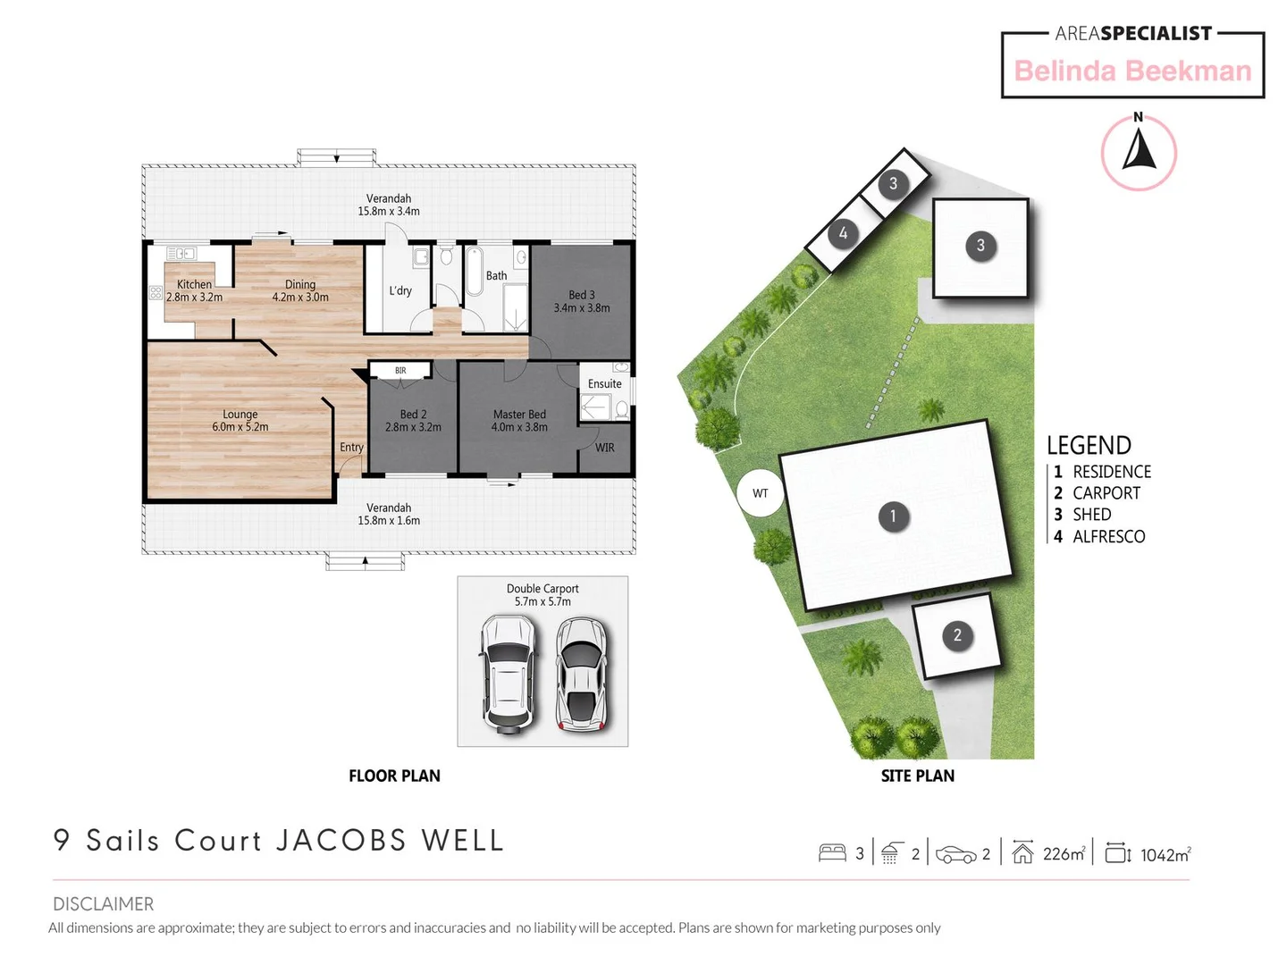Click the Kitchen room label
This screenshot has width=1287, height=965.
pyautogui.click(x=194, y=285)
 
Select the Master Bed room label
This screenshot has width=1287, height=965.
pyautogui.click(x=519, y=415)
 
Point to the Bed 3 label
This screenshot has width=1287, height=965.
pyautogui.click(x=581, y=296)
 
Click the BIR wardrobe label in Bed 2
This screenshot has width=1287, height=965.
pyautogui.click(x=400, y=371)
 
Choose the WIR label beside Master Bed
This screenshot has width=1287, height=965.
pyautogui.click(x=605, y=448)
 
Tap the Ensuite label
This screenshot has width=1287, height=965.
pyautogui.click(x=605, y=384)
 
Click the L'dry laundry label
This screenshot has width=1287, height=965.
pyautogui.click(x=400, y=291)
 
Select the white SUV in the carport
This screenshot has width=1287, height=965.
pyautogui.click(x=509, y=674)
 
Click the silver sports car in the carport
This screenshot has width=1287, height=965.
pyautogui.click(x=581, y=674)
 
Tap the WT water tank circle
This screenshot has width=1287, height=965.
pyautogui.click(x=760, y=493)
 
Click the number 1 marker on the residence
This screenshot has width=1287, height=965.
pyautogui.click(x=893, y=516)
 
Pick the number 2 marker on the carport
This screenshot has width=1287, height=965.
pyautogui.click(x=957, y=635)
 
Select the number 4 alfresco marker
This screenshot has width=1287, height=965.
pyautogui.click(x=843, y=234)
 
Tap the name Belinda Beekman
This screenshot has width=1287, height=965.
pyautogui.click(x=1132, y=71)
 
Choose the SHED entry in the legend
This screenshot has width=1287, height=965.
pyautogui.click(x=1091, y=515)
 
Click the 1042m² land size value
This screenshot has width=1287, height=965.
pyautogui.click(x=1165, y=855)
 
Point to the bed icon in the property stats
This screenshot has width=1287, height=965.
pyautogui.click(x=832, y=853)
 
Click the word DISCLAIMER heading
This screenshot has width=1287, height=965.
pyautogui.click(x=103, y=904)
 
